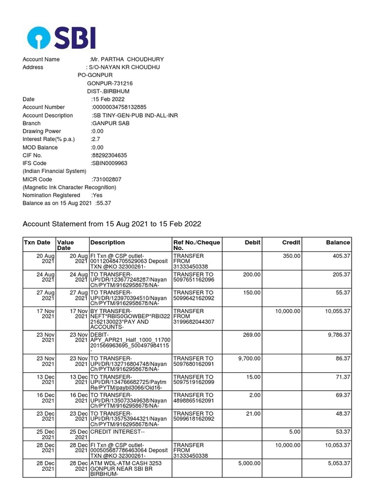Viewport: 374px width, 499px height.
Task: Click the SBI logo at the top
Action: click(x=61, y=38)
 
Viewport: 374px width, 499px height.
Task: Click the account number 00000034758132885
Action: click(x=119, y=107)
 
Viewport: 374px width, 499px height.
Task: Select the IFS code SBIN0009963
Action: click(x=110, y=163)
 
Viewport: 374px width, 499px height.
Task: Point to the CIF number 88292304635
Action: click(x=110, y=155)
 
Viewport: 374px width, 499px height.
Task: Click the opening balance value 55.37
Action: click(x=104, y=203)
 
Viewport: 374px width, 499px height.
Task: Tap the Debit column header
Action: click(x=252, y=242)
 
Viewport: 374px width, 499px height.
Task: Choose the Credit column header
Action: click(x=291, y=242)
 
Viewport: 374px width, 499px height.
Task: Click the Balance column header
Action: click(x=338, y=242)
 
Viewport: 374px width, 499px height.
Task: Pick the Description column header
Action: click(x=107, y=242)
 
